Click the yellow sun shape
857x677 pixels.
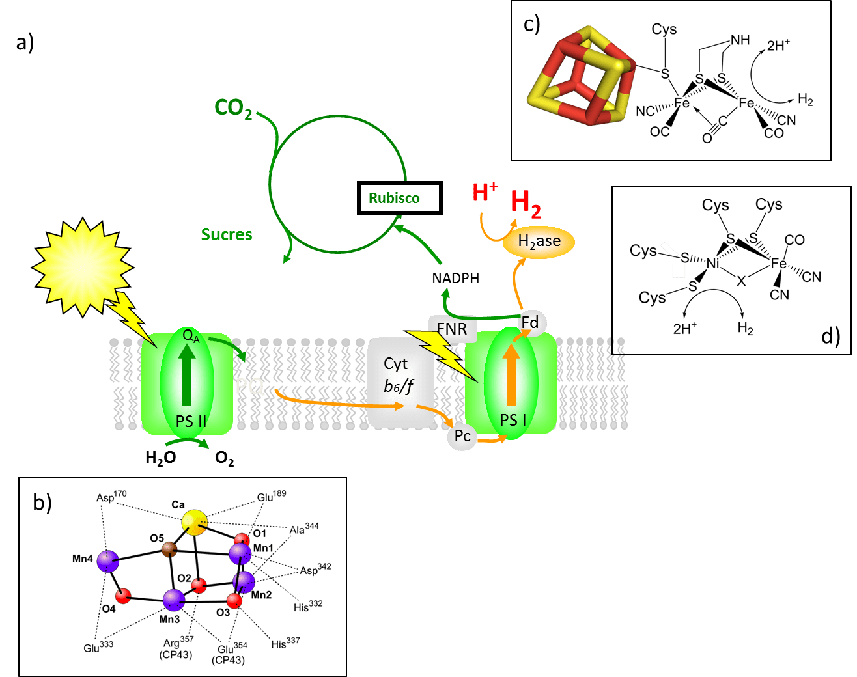[x=82, y=267]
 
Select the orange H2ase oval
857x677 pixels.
[x=539, y=242]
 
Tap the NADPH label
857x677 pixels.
[x=455, y=279]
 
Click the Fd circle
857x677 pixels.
[x=530, y=322]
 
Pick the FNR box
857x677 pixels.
[x=453, y=329]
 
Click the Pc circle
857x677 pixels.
[x=462, y=436]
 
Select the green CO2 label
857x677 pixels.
[x=233, y=108]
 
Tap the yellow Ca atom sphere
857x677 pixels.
[x=194, y=522]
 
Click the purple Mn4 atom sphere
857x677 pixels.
[x=107, y=560]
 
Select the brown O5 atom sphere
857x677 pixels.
[x=169, y=550]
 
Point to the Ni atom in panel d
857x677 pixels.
[x=713, y=264]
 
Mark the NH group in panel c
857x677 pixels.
[x=740, y=40]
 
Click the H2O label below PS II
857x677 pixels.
[x=161, y=458]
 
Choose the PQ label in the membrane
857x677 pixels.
[x=249, y=387]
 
